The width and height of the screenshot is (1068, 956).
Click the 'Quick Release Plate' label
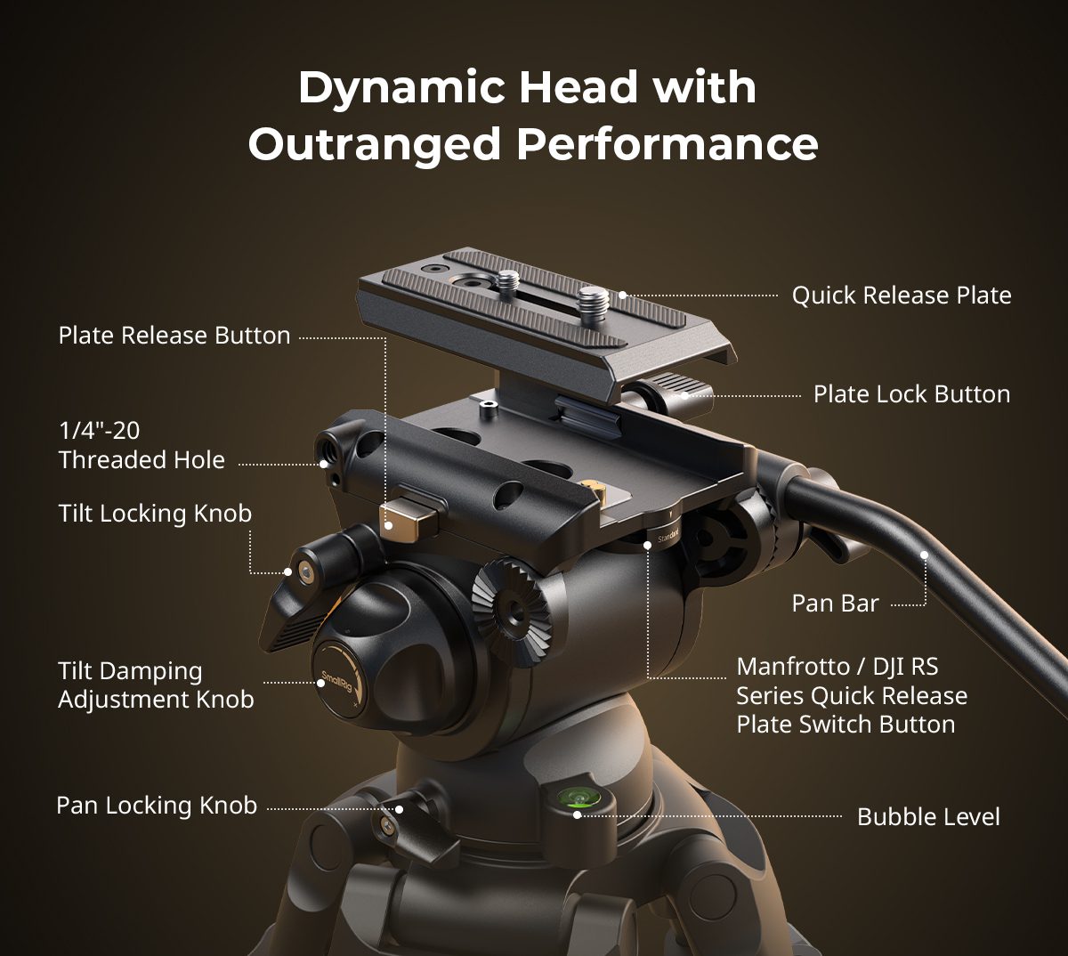point(902,296)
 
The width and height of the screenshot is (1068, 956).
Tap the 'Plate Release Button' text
point(174,336)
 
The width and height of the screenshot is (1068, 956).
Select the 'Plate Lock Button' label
point(911,394)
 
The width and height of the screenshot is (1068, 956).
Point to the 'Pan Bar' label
point(835,604)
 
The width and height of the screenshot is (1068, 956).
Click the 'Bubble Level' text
point(928,817)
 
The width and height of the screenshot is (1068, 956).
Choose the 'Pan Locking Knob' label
point(157,806)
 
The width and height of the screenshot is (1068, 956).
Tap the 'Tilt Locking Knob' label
point(155,514)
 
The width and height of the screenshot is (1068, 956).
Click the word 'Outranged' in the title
point(375,143)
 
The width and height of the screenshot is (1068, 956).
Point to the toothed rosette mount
point(512,612)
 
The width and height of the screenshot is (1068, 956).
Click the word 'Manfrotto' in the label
point(793,667)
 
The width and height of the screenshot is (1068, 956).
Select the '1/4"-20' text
point(99,431)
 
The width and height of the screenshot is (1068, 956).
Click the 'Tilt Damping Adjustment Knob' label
point(156,685)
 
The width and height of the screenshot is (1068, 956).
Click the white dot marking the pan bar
point(924,555)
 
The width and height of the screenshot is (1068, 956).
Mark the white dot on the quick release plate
point(623,296)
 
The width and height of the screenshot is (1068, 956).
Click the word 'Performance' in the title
point(667,143)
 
